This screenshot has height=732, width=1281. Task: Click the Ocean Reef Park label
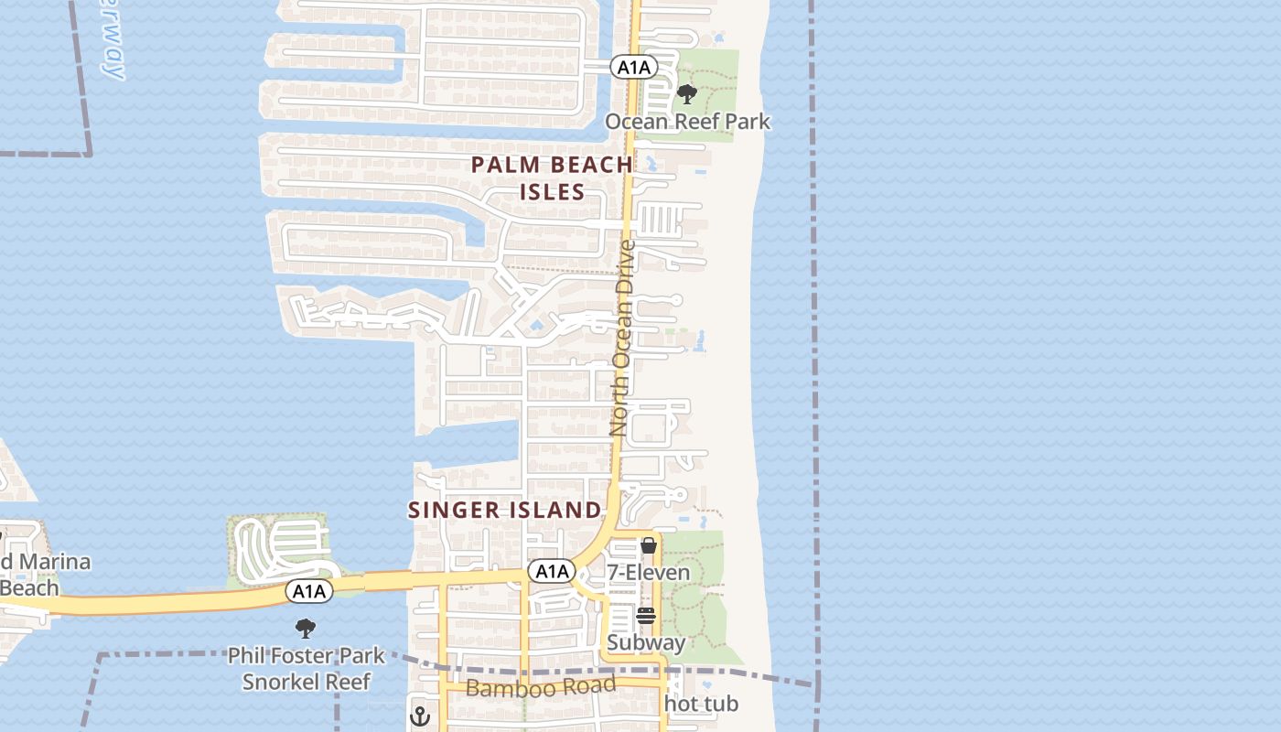(x=687, y=122)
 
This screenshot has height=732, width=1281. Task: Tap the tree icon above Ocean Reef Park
(x=686, y=93)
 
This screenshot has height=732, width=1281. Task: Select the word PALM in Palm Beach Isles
(x=505, y=166)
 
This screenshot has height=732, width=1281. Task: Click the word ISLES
(x=552, y=191)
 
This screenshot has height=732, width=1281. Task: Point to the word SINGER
(x=455, y=510)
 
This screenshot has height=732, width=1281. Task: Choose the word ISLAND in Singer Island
(x=556, y=510)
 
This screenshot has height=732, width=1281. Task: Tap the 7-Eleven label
(x=649, y=573)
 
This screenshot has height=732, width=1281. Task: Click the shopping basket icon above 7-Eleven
(x=649, y=545)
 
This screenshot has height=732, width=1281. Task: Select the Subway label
(x=646, y=642)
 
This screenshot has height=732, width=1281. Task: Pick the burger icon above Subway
(x=646, y=616)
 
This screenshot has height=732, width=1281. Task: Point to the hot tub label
(x=701, y=704)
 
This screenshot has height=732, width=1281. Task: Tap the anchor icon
(x=420, y=715)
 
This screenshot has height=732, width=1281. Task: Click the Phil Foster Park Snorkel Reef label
(x=306, y=669)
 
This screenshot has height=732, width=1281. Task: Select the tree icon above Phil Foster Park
(x=306, y=629)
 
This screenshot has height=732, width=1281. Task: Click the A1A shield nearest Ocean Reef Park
(x=634, y=67)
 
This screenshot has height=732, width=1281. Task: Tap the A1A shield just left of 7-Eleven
(x=552, y=572)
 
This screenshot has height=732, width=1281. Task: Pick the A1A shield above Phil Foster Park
(x=309, y=591)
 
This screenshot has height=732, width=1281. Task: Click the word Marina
(x=56, y=561)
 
